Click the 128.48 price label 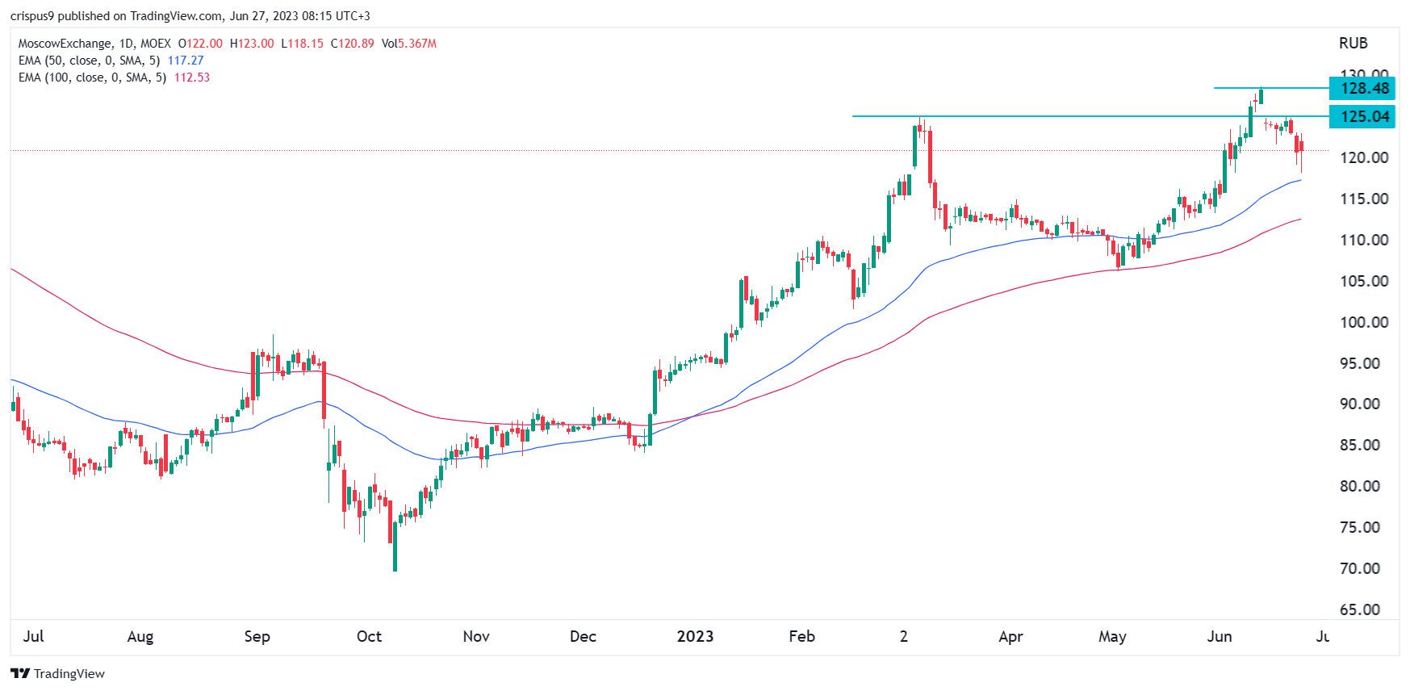tap(1363, 88)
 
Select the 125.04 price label tap(1363, 116)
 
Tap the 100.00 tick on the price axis tap(1364, 322)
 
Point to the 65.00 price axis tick tap(1364, 609)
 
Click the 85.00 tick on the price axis tap(1364, 445)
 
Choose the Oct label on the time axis tap(369, 636)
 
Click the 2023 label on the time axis tap(695, 636)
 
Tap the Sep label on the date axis tap(257, 636)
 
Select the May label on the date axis tap(1112, 636)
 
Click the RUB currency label tap(1354, 44)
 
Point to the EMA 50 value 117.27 tap(186, 61)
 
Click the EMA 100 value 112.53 tap(192, 77)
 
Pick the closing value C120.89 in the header tap(353, 44)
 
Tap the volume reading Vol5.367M tap(409, 44)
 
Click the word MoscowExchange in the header tap(65, 44)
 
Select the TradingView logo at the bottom tap(58, 673)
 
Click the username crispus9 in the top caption tap(31, 16)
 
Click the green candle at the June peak tap(1261, 96)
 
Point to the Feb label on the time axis tap(801, 636)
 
